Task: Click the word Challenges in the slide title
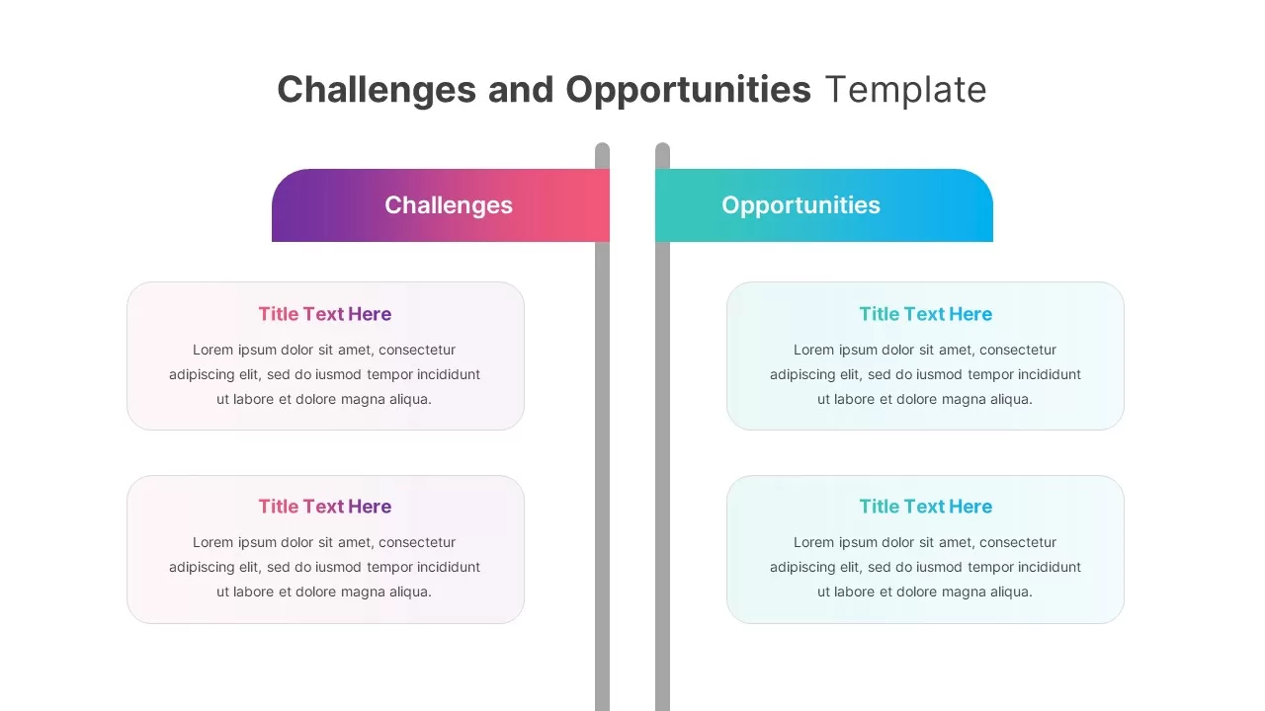[377, 90]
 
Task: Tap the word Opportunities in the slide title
[688, 90]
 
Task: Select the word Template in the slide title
[905, 90]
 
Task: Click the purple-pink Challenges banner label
[448, 205]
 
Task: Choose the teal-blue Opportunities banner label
[801, 205]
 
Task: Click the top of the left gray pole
[602, 150]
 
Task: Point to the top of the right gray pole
[662, 150]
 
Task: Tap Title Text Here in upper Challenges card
[325, 314]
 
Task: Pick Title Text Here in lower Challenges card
[325, 507]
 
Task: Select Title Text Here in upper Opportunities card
[925, 314]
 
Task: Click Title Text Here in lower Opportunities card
[925, 507]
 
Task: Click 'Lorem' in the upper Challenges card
[212, 350]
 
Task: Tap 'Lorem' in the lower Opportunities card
[813, 542]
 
